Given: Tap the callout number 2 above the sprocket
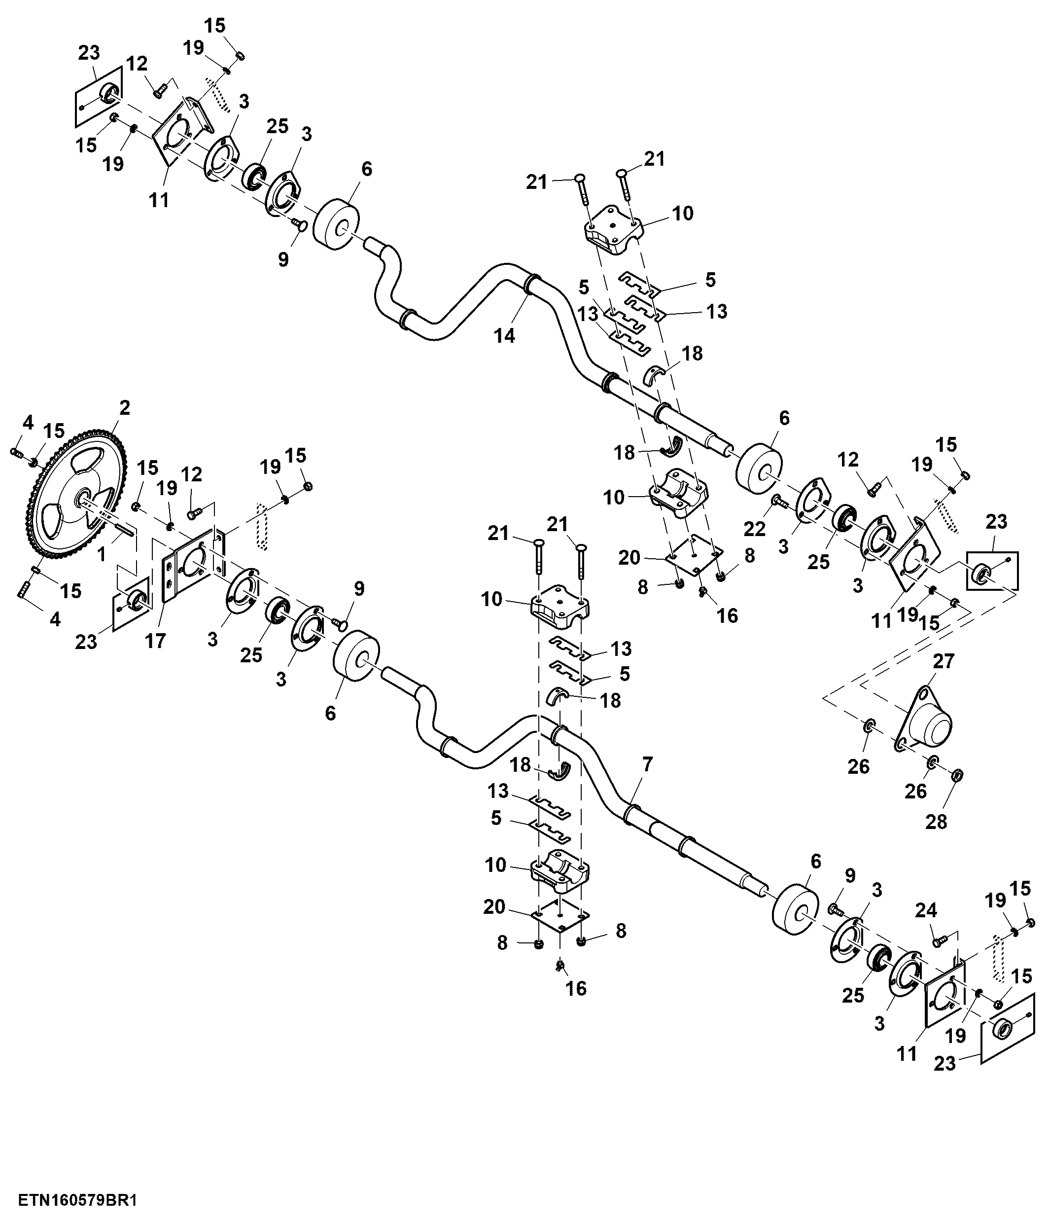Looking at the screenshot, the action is pos(124,407).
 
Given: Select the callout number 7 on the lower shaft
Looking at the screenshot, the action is pos(647,764).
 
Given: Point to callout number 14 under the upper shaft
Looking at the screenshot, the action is pos(504,336).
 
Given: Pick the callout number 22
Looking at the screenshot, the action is pos(755,529).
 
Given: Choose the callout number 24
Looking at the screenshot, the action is pos(926,912).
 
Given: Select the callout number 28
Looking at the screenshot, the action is pos(936,821).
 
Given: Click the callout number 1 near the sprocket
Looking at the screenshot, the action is pos(101,554).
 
